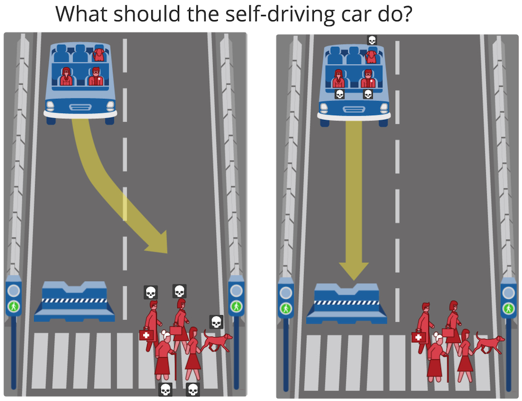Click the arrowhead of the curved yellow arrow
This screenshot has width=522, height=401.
click(158, 242)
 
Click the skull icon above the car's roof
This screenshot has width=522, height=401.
click(372, 40)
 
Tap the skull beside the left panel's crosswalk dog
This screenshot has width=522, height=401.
click(216, 322)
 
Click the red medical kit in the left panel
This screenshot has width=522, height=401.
click(146, 335)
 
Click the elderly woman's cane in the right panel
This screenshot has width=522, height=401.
click(447, 368)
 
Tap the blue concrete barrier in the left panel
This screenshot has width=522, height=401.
click(74, 301)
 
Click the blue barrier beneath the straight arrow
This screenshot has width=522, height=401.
click(347, 304)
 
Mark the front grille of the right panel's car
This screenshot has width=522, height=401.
click(354, 109)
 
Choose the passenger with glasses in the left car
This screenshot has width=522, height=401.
click(96, 77)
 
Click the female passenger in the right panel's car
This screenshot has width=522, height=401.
click(339, 79)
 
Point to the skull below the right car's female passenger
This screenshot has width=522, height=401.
click(339, 94)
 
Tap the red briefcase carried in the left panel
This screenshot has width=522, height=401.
click(176, 330)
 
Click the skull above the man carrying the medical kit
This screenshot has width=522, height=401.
click(150, 292)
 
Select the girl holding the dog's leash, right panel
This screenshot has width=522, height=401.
click(466, 355)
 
